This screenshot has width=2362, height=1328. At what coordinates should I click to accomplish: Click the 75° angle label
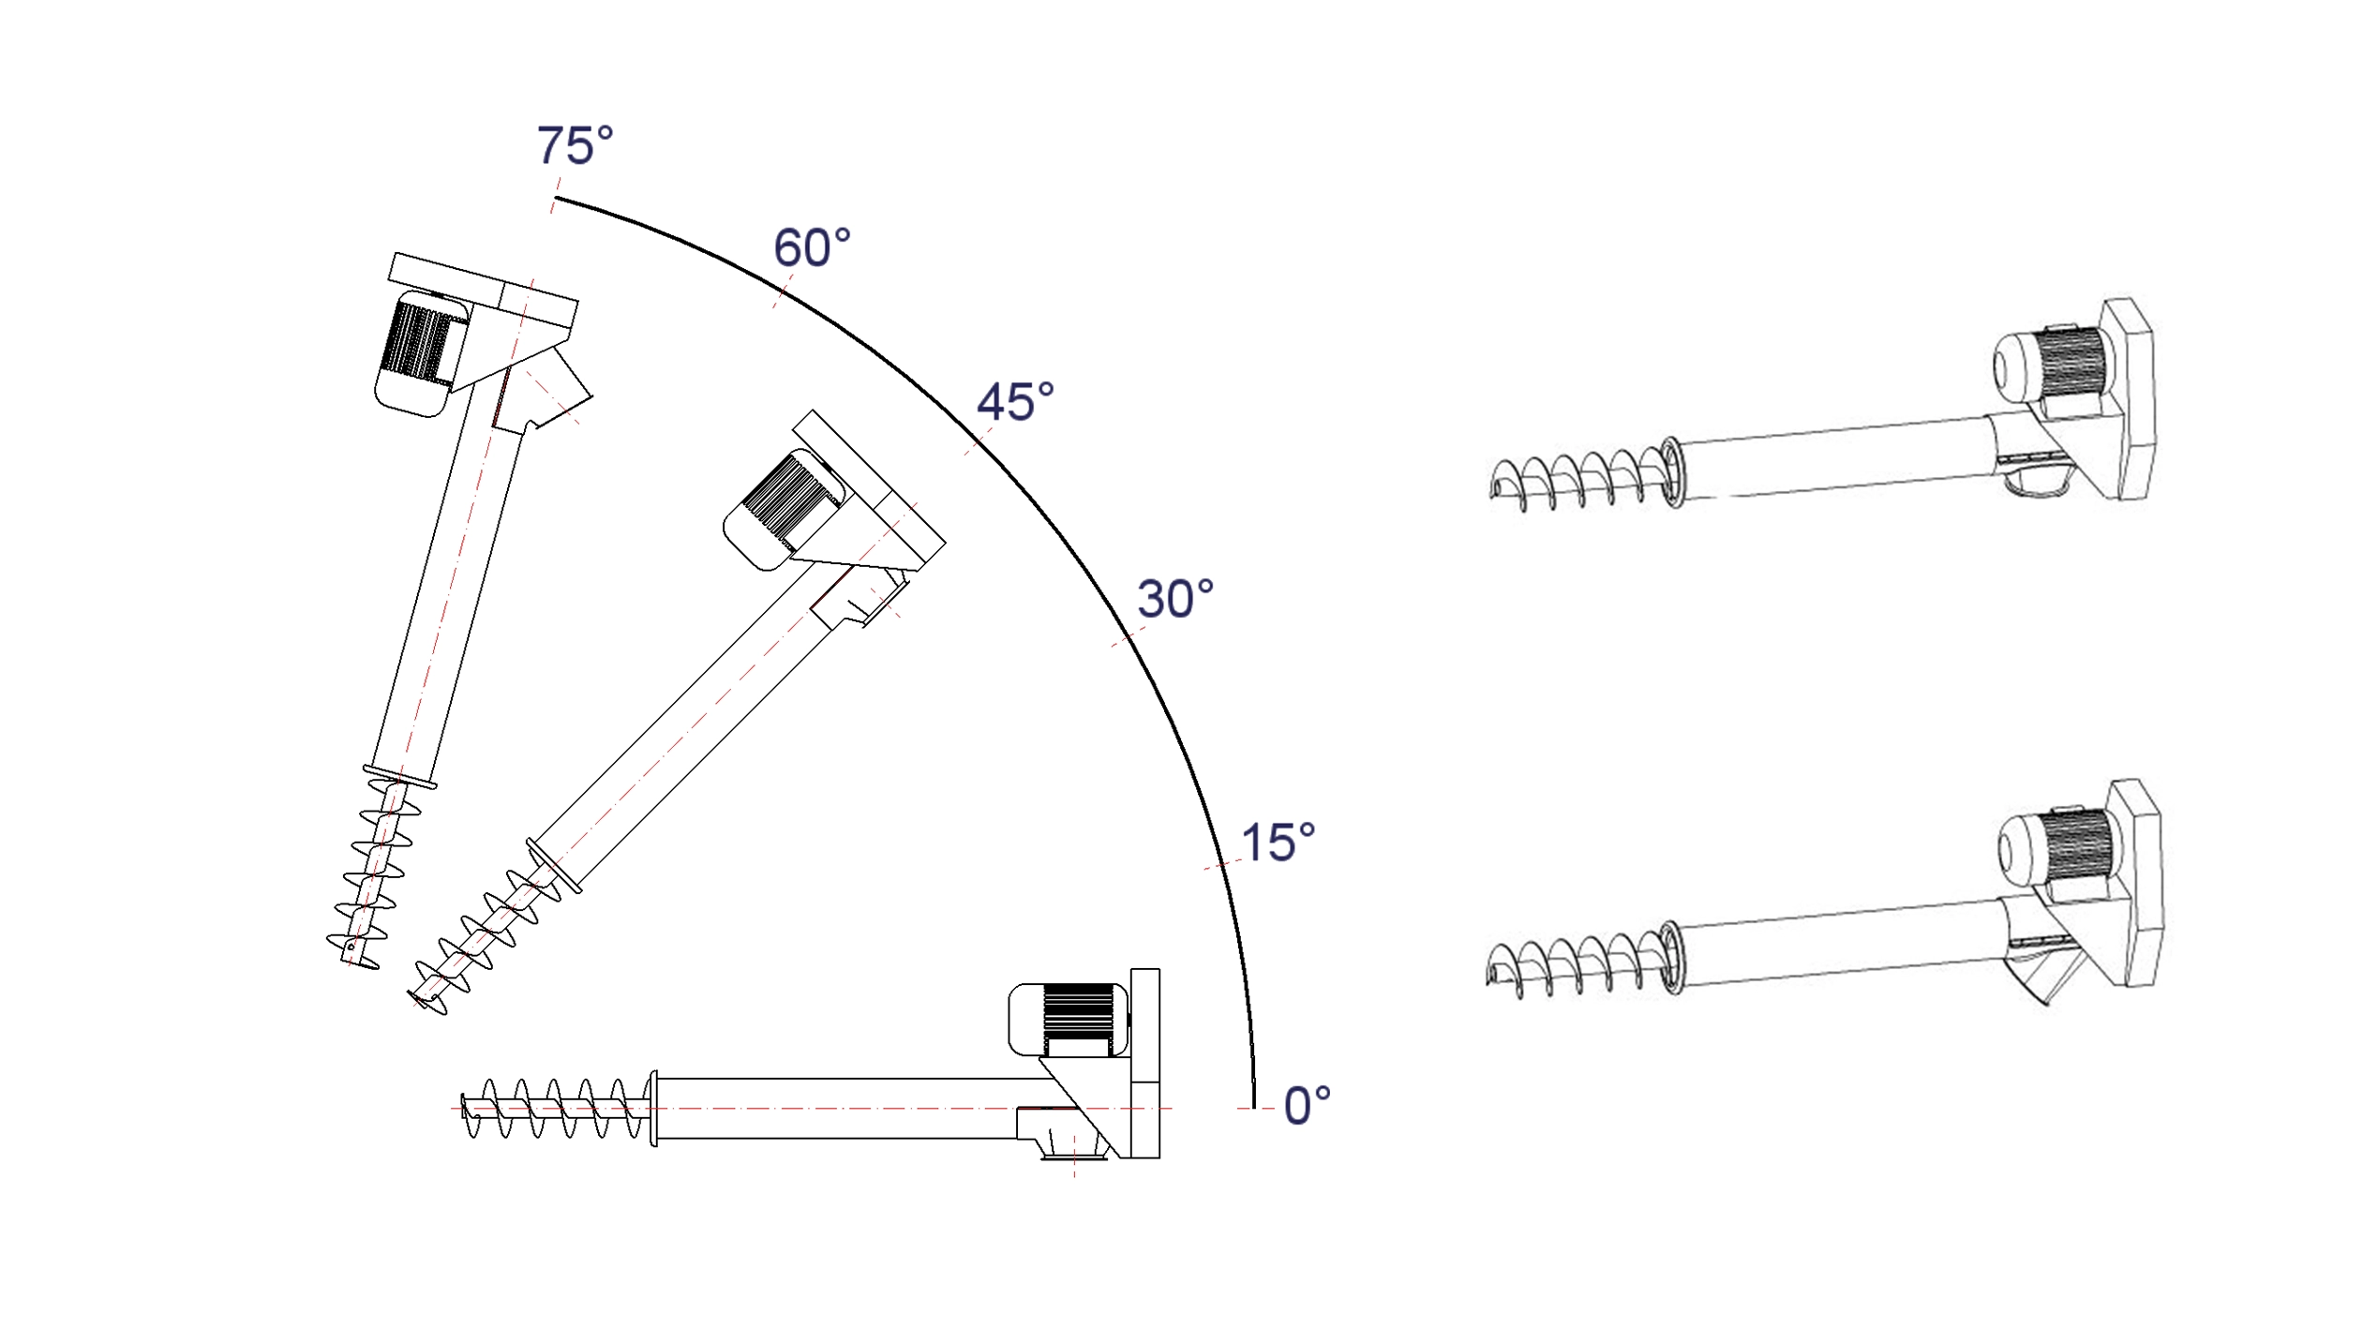point(575,146)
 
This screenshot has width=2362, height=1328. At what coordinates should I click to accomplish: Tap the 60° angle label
point(812,248)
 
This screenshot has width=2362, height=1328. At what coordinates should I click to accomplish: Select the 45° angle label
point(1015,402)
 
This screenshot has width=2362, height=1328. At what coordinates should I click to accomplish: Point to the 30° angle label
point(1175,599)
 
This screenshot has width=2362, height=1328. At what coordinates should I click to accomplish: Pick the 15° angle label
point(1278,843)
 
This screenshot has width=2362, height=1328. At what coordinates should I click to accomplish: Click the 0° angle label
point(1307,1106)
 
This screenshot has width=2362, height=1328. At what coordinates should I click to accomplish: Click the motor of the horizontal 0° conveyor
point(1069,1021)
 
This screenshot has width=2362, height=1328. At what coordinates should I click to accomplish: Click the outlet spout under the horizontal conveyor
point(1074,1141)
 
